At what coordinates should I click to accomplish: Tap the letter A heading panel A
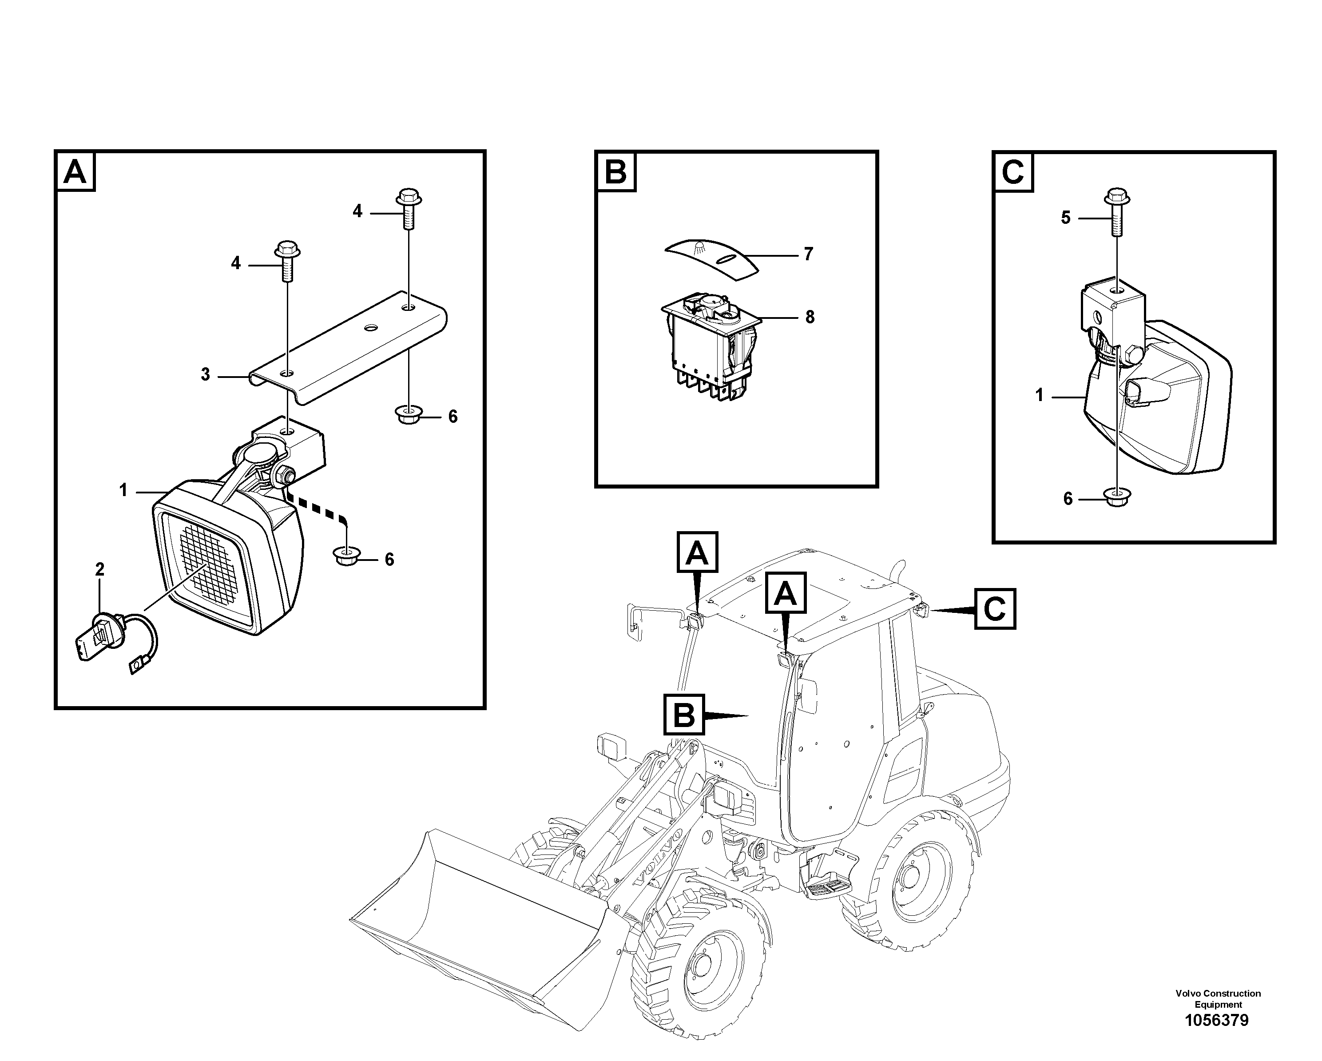75,172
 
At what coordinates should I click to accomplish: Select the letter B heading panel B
615,172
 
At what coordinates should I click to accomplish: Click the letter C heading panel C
1012,172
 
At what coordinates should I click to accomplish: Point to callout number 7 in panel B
808,254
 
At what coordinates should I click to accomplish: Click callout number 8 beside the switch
810,317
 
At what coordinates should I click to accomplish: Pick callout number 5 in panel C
1066,218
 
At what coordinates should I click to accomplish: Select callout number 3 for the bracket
206,374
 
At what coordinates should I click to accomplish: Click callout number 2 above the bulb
100,570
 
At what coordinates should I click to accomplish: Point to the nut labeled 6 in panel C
1117,498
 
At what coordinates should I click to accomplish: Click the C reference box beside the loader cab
995,609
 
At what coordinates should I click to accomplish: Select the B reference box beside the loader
684,715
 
